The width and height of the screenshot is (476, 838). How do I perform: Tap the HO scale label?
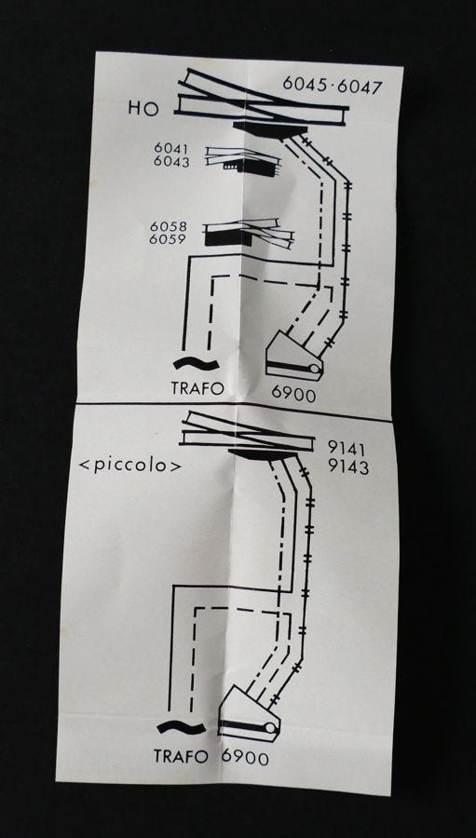pos(143,109)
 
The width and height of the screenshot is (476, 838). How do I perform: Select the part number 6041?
pos(171,150)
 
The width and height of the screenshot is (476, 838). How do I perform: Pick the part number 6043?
pos(171,162)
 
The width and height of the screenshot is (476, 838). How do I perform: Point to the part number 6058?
pos(168,226)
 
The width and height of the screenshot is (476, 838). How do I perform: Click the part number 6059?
pos(168,239)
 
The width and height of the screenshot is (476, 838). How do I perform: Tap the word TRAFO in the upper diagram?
pos(197,388)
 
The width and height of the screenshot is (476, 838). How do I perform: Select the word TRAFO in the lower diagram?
pos(181,756)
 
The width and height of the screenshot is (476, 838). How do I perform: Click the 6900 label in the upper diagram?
pos(293,394)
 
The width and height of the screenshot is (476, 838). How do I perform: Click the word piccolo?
pos(130,466)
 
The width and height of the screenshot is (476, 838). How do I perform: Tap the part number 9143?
pos(348,467)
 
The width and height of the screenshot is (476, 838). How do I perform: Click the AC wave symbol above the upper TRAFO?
pos(197,364)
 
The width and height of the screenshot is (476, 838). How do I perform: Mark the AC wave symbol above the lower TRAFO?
pos(182,727)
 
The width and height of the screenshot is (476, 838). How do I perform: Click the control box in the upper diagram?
pos(294,357)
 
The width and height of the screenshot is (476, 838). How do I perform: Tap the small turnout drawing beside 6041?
pos(243,161)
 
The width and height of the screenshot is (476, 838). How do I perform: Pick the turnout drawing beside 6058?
pos(250,233)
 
